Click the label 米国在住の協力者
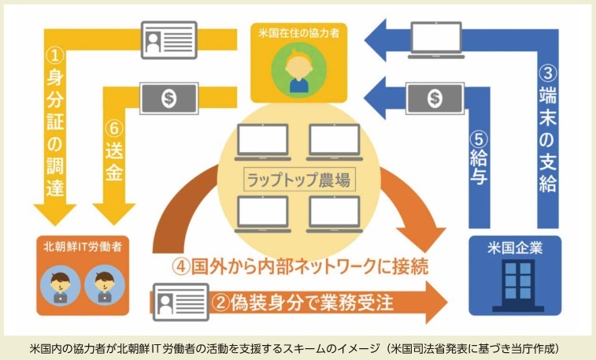[298, 35]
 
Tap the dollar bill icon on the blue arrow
[435, 98]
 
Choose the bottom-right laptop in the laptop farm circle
[334, 212]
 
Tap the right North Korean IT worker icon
[102, 284]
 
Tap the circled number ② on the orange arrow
[222, 300]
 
